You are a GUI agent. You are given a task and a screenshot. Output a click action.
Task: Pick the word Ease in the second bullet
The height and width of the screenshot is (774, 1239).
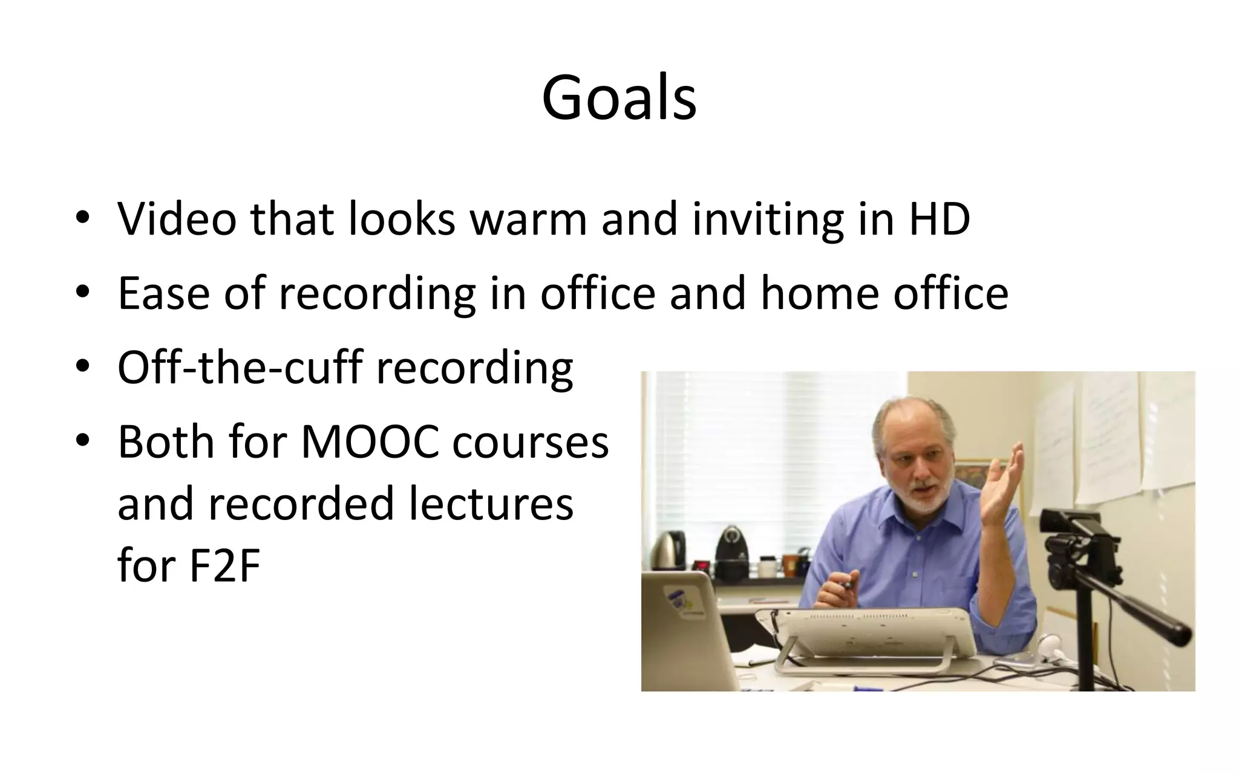(163, 293)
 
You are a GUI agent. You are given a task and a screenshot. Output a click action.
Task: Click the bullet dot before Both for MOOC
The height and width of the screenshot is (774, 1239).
(83, 441)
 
